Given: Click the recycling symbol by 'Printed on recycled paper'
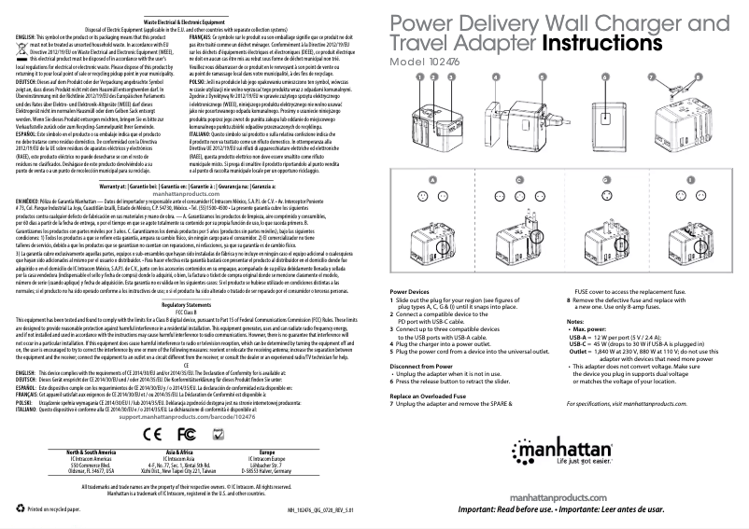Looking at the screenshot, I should pyautogui.click(x=20, y=509).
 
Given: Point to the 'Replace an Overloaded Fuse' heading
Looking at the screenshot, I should pyautogui.click(x=436, y=397).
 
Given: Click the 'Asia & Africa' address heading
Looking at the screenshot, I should pyautogui.click(x=175, y=451).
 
